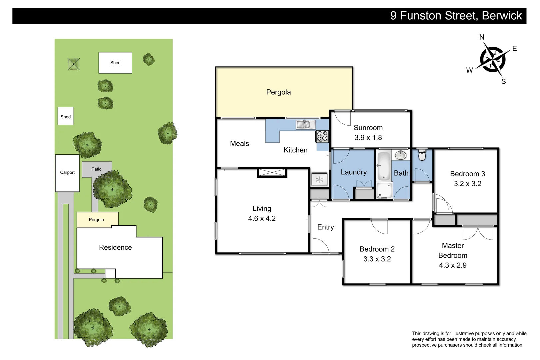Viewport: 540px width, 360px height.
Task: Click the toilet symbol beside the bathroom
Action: coord(422,155)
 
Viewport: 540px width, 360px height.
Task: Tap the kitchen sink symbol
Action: coord(305,125)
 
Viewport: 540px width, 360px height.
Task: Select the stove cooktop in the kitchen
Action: coord(322,136)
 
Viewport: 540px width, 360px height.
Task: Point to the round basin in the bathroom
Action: coord(400,155)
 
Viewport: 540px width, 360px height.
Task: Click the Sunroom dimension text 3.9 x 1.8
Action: coord(368,138)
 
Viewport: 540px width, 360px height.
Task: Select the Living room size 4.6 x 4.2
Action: coord(262,219)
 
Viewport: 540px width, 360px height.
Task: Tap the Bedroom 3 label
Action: coord(467,174)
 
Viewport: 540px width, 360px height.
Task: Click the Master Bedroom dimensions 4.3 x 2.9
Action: coord(453,265)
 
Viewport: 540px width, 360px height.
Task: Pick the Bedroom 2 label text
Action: coord(377,249)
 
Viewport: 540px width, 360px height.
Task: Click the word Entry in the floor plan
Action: coord(325,227)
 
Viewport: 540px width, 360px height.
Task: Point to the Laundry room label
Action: coord(354,172)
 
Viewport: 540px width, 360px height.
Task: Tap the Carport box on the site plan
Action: coord(67,173)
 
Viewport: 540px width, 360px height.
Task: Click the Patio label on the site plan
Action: coord(97,169)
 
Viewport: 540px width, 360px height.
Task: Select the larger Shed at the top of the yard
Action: coord(115,63)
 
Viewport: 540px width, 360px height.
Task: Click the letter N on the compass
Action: coord(482,37)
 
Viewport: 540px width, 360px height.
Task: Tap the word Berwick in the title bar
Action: coord(502,16)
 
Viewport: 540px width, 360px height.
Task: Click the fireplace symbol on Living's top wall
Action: coord(272,173)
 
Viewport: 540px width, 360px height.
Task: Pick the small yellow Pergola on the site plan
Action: coord(97,220)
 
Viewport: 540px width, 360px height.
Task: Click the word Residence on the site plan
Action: coord(115,248)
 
